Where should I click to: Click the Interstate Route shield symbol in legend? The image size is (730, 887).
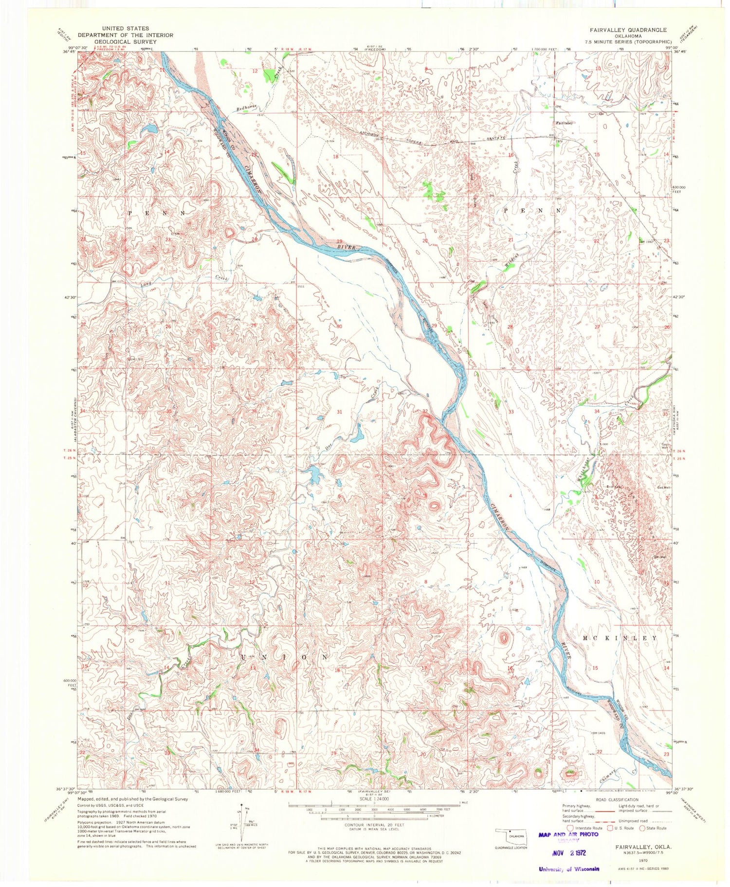click(x=570, y=828)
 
